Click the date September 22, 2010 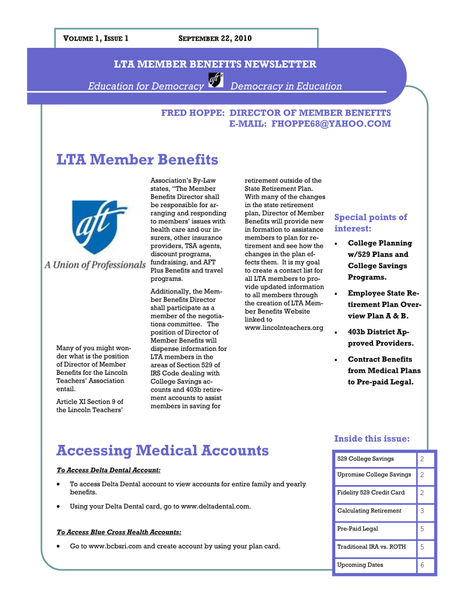[x=216, y=39]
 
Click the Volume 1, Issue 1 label [x=96, y=39]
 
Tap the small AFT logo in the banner [x=216, y=81]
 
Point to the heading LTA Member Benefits [x=137, y=160]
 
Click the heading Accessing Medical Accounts [x=162, y=450]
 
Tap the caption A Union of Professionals [x=95, y=265]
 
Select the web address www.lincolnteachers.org [x=284, y=327]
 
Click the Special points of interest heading [x=370, y=223]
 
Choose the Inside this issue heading [x=371, y=439]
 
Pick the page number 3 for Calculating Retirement [x=422, y=511]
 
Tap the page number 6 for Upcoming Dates [x=422, y=565]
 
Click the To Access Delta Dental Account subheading [x=108, y=471]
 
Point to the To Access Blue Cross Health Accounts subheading [x=119, y=532]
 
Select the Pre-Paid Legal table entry [x=357, y=529]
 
